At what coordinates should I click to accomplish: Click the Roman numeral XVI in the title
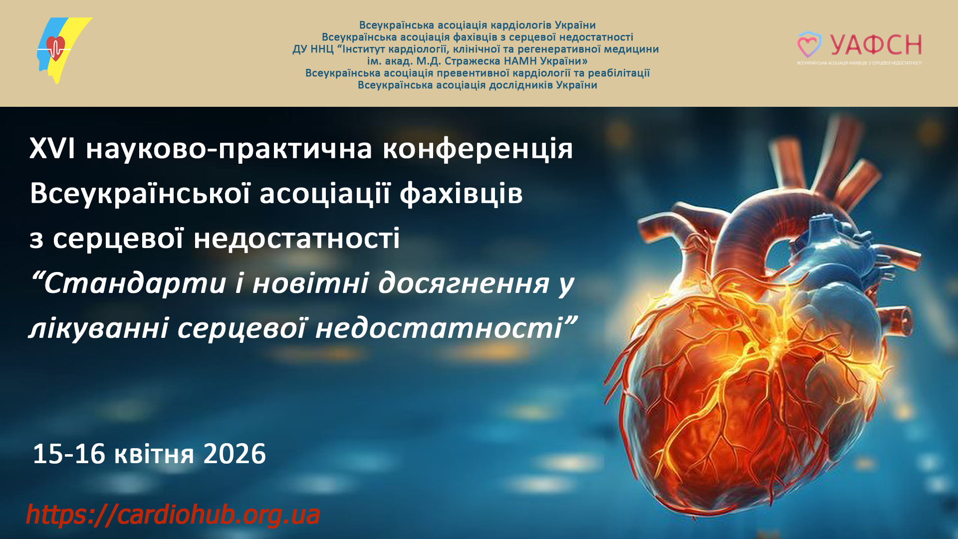(52, 148)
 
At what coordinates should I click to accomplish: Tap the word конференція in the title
(478, 149)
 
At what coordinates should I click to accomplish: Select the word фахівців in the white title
(461, 193)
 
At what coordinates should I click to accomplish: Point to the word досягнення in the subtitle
(464, 284)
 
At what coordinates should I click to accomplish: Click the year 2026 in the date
(235, 454)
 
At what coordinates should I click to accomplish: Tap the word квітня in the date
(154, 455)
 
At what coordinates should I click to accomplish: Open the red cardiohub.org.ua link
(173, 515)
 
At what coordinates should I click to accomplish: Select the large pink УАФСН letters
(876, 45)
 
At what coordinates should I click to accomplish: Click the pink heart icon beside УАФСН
(809, 45)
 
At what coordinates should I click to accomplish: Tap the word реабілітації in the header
(619, 73)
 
